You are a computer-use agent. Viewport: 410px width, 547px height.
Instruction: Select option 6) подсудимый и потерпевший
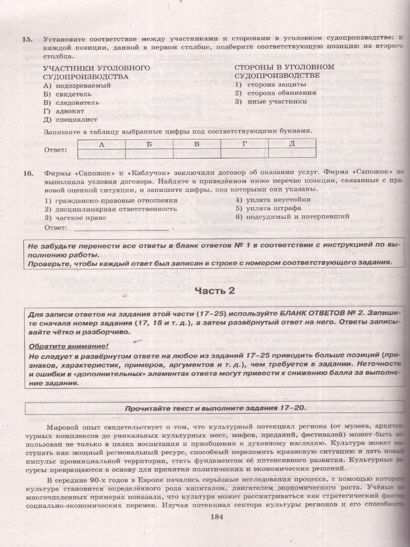(292, 217)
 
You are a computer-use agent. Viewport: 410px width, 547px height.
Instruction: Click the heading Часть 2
(215, 291)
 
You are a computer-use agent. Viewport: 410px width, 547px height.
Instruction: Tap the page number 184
(214, 516)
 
